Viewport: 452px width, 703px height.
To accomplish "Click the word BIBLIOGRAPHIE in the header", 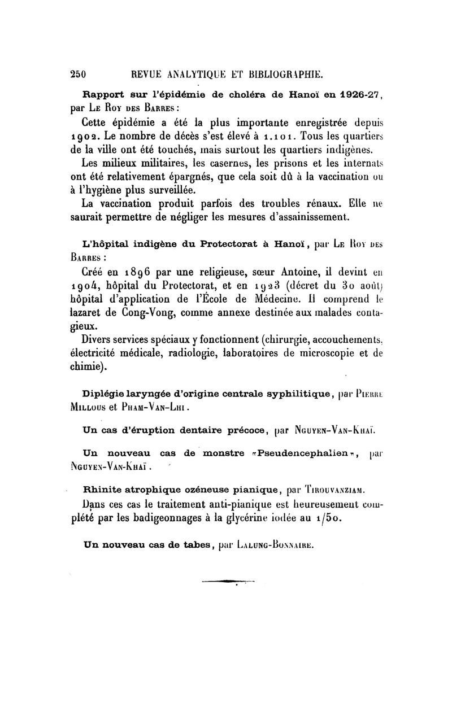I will [279, 73].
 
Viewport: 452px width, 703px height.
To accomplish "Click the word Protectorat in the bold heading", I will [221, 244].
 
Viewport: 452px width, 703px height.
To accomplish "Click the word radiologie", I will [191, 353].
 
